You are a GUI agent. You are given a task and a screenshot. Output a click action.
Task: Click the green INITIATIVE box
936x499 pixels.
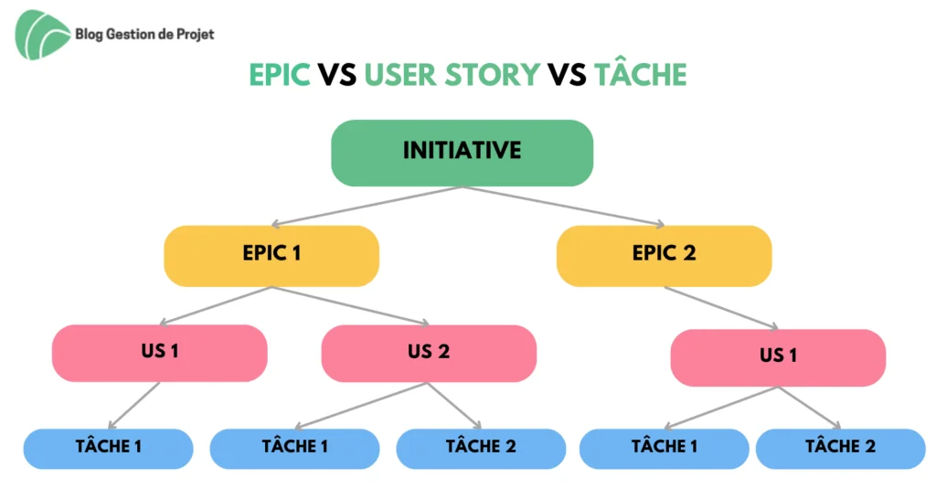click(462, 153)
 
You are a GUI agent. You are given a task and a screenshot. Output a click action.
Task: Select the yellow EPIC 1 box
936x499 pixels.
click(271, 256)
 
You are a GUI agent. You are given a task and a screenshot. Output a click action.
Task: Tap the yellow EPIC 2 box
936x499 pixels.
click(664, 256)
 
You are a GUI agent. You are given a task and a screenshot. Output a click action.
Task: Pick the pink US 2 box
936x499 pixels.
click(429, 354)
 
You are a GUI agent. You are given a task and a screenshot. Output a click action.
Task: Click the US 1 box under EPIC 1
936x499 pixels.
click(159, 353)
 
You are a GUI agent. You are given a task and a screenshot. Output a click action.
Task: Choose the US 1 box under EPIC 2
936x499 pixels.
click(778, 357)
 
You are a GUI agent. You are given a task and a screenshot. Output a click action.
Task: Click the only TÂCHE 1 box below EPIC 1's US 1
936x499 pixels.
click(108, 448)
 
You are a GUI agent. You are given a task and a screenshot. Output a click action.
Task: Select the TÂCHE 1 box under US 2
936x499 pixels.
click(294, 448)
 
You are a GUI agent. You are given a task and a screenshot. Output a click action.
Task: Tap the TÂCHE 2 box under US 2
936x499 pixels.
click(481, 448)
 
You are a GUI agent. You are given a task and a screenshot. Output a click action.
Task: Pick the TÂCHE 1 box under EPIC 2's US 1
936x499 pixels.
click(664, 448)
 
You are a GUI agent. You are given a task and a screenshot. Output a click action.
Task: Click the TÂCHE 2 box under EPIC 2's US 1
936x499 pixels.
click(841, 448)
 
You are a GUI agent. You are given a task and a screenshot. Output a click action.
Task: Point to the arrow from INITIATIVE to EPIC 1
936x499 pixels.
click(367, 207)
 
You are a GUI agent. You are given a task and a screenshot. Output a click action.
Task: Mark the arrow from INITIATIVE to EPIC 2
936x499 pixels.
click(563, 207)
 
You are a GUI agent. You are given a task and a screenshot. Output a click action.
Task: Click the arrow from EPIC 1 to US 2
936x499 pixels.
click(350, 306)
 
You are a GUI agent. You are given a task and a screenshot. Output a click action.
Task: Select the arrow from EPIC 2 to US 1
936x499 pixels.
click(721, 308)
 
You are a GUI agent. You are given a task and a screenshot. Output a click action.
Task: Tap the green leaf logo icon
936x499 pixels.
click(42, 35)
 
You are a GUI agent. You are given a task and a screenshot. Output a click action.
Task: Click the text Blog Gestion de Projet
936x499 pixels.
click(144, 34)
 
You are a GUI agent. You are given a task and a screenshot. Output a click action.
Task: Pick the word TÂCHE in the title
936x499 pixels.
click(641, 74)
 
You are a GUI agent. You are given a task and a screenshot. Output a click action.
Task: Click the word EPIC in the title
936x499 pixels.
click(280, 75)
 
